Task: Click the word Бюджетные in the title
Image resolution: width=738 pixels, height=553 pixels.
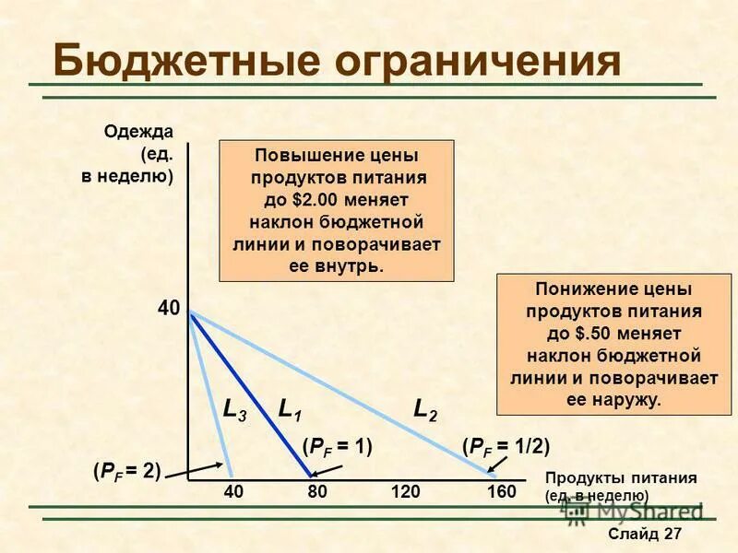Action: tap(180, 60)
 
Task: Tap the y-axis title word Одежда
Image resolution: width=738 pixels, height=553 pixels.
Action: tap(138, 131)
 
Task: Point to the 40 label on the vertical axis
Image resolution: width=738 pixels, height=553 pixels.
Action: tap(169, 309)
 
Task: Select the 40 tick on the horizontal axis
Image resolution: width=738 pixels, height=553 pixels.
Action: tap(233, 493)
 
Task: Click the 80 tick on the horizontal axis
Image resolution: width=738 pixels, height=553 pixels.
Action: tap(317, 493)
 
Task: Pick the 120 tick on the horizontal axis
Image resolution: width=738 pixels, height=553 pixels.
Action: tap(405, 493)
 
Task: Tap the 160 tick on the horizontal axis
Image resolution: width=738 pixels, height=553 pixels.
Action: tap(501, 493)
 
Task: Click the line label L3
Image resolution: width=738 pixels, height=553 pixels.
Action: tap(234, 410)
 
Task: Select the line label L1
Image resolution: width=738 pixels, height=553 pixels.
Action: tap(290, 410)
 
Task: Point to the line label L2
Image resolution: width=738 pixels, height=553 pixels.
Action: tap(424, 410)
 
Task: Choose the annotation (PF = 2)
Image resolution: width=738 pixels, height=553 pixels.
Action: tap(126, 471)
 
